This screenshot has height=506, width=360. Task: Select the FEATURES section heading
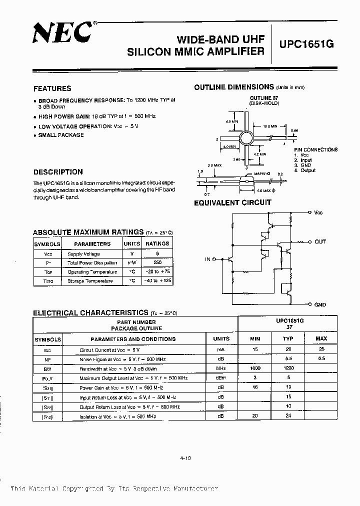point(52,88)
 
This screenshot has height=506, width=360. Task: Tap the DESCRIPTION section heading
point(57,171)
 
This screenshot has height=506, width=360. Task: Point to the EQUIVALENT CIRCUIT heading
point(232,202)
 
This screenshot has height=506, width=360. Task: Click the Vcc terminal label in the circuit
point(318,212)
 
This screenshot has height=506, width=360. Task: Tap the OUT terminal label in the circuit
point(320,241)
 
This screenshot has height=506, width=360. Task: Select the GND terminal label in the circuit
point(320,304)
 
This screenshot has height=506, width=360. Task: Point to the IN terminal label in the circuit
point(207,259)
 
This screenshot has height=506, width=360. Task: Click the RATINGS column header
point(157,243)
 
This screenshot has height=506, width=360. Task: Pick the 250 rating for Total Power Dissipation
point(157,262)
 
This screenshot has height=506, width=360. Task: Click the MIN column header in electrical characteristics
point(255,338)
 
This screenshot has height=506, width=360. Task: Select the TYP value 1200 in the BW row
point(288,368)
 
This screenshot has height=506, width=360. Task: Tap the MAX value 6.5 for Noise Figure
point(321,359)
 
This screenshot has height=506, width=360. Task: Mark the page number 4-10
point(184,456)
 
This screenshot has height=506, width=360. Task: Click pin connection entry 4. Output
point(304,170)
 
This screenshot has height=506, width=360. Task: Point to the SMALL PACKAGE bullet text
point(61,135)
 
